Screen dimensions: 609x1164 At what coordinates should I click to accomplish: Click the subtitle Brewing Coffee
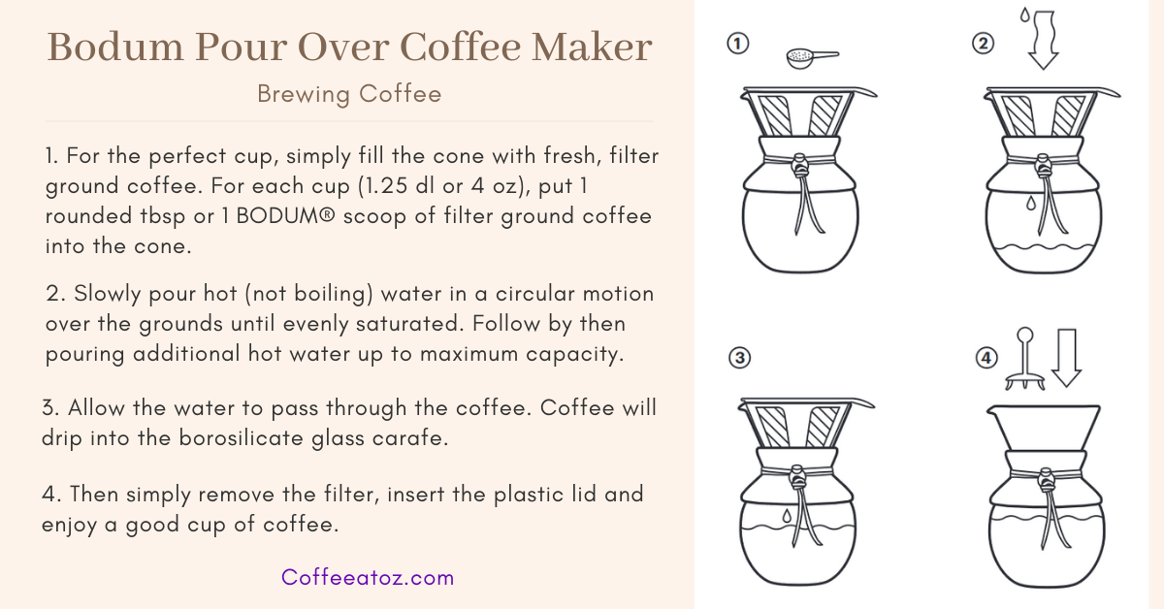[349, 94]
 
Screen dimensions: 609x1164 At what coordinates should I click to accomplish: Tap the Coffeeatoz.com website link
[368, 578]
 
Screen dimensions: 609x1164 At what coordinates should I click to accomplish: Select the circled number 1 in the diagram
[738, 45]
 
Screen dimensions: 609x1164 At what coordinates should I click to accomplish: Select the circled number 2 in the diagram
[983, 45]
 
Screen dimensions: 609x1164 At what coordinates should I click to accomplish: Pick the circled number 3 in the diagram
[739, 359]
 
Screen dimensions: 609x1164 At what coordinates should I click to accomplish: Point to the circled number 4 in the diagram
[986, 359]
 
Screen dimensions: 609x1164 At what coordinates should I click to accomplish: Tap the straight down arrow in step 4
[1066, 358]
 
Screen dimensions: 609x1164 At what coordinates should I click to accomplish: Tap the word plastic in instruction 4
[516, 495]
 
